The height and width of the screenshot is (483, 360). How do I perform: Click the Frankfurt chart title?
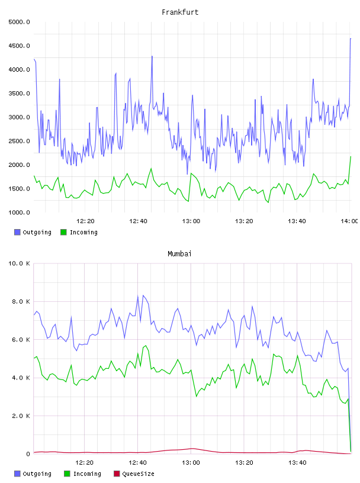(180, 12)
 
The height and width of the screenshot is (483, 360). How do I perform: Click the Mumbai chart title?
(179, 254)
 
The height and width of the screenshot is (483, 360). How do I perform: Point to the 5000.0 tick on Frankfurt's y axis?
(19, 22)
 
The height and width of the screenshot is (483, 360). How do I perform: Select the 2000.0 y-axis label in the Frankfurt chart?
(19, 165)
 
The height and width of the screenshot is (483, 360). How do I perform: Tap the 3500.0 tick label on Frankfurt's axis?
(19, 94)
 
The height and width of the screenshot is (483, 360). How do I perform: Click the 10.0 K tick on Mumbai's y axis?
(19, 263)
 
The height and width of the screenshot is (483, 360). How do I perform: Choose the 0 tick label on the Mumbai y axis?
(28, 454)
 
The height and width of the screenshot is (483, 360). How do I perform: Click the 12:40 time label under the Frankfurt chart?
(138, 221)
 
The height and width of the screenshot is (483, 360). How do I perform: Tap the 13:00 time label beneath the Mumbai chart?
(191, 462)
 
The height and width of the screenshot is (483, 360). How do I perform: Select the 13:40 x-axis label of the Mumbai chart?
(297, 462)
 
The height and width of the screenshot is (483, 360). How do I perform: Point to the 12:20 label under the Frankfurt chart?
(85, 221)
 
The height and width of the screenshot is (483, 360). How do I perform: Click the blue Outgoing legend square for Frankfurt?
(17, 232)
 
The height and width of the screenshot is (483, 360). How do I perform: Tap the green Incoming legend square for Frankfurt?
(63, 232)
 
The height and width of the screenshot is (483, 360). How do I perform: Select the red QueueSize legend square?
(117, 474)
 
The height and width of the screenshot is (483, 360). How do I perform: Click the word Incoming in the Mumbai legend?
(87, 474)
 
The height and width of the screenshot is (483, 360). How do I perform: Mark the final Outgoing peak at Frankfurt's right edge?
(351, 39)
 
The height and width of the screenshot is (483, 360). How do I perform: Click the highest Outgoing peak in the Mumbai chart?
(143, 295)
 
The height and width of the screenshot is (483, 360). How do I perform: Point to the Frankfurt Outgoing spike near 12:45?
(152, 56)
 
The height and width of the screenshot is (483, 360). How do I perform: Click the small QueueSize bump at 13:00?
(192, 449)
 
